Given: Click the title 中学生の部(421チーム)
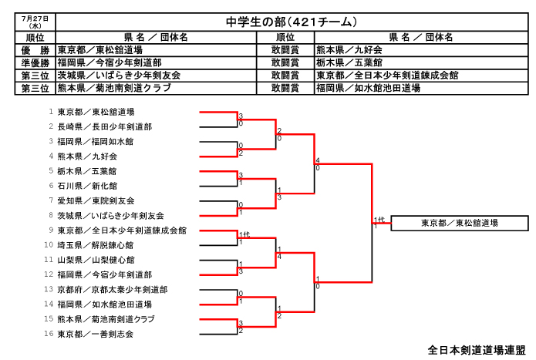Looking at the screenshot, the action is [292, 22].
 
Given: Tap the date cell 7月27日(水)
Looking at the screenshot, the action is [35, 22].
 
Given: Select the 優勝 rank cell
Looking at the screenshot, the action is [35, 50].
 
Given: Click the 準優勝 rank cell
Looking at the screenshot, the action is [35, 63].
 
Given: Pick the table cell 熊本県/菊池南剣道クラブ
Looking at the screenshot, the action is [114, 88].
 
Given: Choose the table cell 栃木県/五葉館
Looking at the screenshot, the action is [349, 63].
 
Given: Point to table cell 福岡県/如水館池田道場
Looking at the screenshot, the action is [368, 88].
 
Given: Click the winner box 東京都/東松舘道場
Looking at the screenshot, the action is [460, 223].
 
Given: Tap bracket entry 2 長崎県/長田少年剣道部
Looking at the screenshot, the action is [105, 126].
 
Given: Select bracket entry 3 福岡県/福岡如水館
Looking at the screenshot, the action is [96, 141].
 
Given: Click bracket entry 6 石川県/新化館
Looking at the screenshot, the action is [87, 186].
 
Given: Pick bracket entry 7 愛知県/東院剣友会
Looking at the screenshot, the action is [96, 201].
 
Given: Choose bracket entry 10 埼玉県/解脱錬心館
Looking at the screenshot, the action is [96, 245].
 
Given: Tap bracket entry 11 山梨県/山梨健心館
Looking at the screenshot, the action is [96, 260].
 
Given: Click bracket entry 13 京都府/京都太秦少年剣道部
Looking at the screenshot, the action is [113, 290].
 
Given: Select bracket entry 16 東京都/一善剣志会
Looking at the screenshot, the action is [96, 334].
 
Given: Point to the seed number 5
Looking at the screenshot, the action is [51, 170].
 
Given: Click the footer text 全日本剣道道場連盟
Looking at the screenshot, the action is [477, 350].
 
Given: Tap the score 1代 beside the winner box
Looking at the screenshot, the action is [379, 220].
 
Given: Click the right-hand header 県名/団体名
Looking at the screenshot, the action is [421, 37].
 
